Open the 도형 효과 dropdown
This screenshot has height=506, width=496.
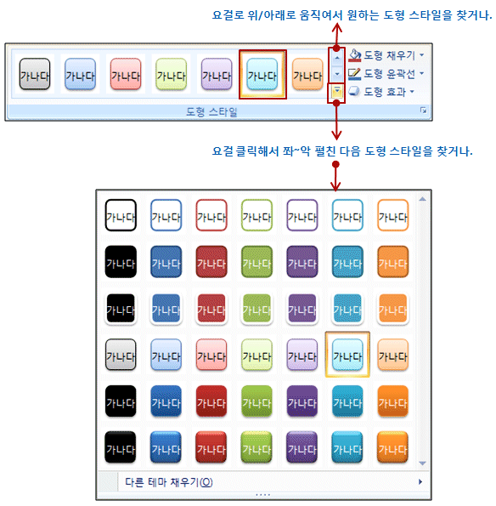pos(381,92)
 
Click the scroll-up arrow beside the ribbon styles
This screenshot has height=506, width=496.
pos(337,58)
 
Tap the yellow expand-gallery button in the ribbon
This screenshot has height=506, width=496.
pos(337,93)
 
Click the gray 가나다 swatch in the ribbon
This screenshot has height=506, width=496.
pos(35,74)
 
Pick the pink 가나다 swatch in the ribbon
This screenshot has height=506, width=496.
pos(126,74)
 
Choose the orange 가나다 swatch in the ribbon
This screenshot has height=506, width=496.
pos(307,74)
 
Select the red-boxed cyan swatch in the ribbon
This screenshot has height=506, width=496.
pos(262,74)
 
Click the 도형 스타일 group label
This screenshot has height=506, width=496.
pos(211,112)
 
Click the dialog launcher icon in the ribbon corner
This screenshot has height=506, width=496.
pos(423,111)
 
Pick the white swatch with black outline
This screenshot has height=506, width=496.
pos(121,215)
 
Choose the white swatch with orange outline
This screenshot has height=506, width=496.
pos(393,215)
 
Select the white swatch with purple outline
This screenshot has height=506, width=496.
pos(302,215)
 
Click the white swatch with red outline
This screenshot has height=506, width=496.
pos(211,215)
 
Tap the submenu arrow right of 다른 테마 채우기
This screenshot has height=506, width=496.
pos(420,482)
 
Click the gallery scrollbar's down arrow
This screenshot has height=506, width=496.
pos(422,463)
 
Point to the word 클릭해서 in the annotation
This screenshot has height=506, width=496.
pos(257,151)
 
